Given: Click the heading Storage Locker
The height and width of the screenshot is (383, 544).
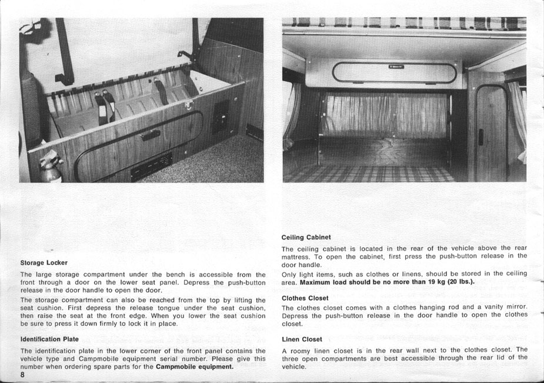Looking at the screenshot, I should click(x=44, y=262).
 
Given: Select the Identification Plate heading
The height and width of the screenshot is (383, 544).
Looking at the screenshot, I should click(x=49, y=339).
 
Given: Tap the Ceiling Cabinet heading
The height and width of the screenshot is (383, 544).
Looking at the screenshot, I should click(x=302, y=237).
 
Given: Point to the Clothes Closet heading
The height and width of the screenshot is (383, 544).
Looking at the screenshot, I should click(x=305, y=298).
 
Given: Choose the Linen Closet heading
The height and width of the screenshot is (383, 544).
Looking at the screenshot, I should click(x=302, y=339).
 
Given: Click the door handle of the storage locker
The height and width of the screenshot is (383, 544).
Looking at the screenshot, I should click(x=151, y=135).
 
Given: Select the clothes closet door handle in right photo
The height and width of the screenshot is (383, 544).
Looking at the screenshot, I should click(x=480, y=137).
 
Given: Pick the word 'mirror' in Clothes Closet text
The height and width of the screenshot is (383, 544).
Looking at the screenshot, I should click(x=515, y=307).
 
